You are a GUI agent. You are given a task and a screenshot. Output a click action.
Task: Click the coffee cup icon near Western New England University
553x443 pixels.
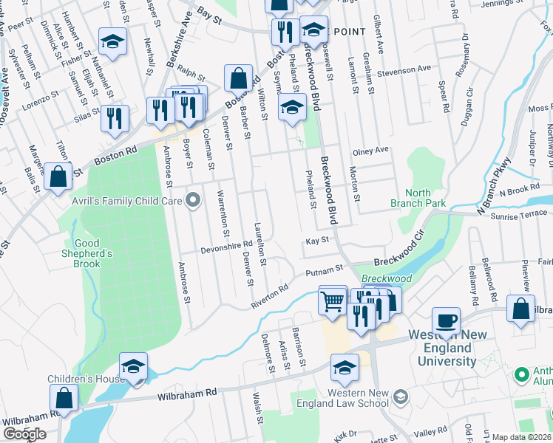446,321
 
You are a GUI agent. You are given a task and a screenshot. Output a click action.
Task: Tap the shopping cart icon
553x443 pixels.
333,301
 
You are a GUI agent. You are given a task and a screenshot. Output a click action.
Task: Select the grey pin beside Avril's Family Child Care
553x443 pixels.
194,199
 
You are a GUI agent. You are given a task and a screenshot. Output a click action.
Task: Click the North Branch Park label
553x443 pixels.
418,198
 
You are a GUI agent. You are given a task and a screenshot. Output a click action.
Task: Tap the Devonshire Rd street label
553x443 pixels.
227,247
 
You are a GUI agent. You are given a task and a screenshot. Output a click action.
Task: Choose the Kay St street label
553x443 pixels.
316,241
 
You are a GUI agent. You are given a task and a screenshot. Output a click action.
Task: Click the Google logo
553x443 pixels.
24,433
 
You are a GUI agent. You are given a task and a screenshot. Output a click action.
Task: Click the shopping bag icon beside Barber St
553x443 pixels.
239,78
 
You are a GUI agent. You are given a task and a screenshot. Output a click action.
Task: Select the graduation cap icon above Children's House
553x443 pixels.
133,366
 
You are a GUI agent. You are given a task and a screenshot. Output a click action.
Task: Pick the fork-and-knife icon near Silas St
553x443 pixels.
115,119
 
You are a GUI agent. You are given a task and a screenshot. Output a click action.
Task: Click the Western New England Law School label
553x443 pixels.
353,398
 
